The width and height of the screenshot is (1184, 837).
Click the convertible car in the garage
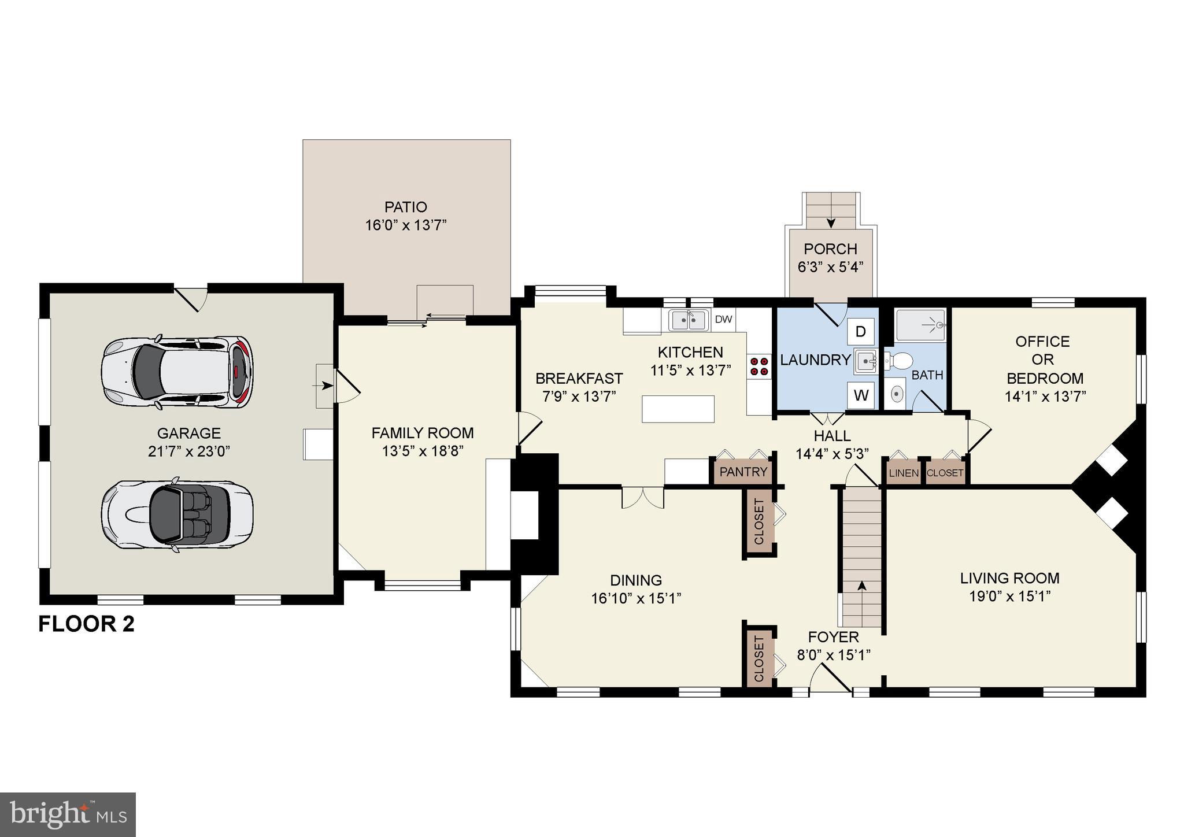pyautogui.click(x=177, y=513)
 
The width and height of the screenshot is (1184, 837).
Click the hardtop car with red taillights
pyautogui.click(x=177, y=373)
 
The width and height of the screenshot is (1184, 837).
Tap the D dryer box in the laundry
pyautogui.click(x=860, y=332)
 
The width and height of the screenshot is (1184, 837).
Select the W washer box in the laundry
pyautogui.click(x=861, y=395)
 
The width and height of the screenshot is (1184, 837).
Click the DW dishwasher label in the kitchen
pyautogui.click(x=723, y=319)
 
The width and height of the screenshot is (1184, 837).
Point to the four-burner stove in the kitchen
pyautogui.click(x=759, y=366)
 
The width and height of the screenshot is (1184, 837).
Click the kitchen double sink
pyautogui.click(x=689, y=320)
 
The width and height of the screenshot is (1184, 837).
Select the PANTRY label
pyautogui.click(x=743, y=472)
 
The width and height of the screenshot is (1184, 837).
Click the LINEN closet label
pyautogui.click(x=903, y=473)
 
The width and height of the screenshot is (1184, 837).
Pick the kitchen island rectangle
pyautogui.click(x=678, y=409)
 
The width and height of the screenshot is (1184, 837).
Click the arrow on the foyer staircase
pyautogui.click(x=861, y=586)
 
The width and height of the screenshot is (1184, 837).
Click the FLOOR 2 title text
pyautogui.click(x=86, y=624)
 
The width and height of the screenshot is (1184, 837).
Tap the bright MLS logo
pyautogui.click(x=68, y=814)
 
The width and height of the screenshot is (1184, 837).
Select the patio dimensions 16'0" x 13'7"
pyautogui.click(x=406, y=225)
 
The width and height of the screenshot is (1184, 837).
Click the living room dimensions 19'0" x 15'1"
pyautogui.click(x=1009, y=596)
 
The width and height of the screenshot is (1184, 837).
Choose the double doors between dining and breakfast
pyautogui.click(x=642, y=498)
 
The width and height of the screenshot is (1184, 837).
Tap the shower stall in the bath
pyautogui.click(x=920, y=325)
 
